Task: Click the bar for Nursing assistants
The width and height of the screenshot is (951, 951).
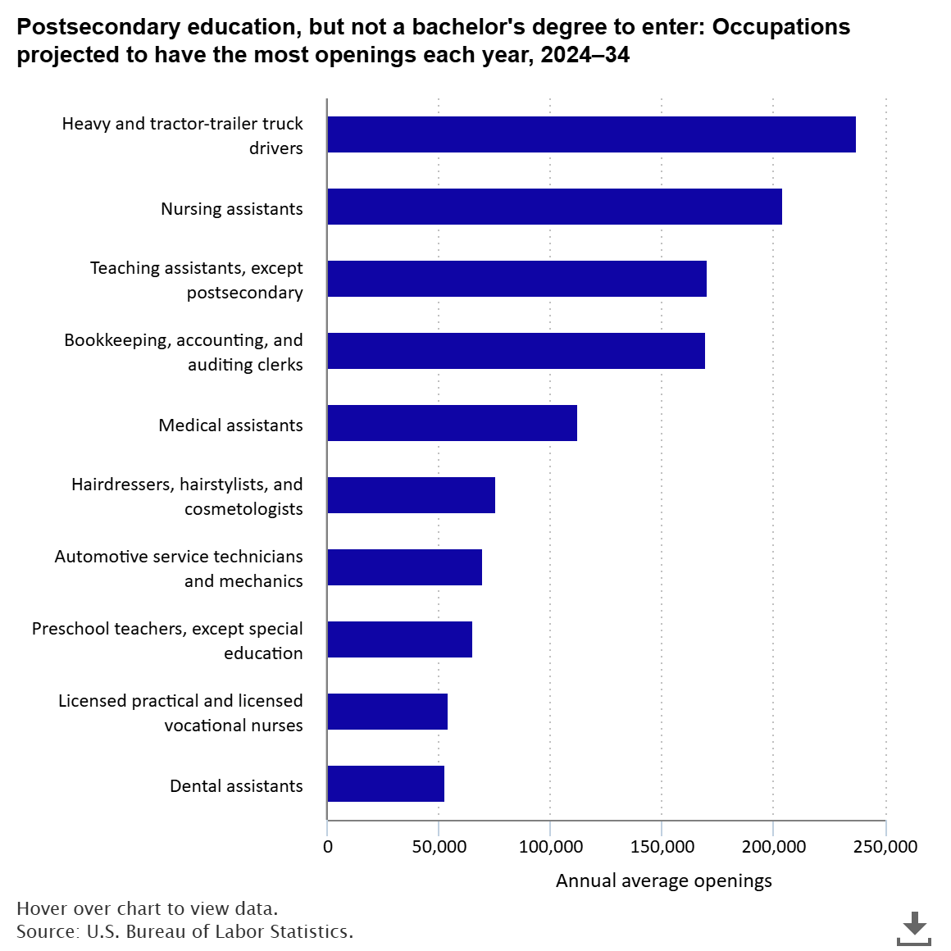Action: (554, 207)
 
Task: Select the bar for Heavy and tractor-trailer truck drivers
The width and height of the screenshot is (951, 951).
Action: (591, 134)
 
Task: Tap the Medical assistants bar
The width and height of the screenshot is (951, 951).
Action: (452, 423)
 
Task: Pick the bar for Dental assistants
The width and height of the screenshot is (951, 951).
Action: (385, 784)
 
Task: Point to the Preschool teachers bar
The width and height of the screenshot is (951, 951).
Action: (399, 639)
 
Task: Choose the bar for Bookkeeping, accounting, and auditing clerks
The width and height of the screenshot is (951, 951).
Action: (516, 351)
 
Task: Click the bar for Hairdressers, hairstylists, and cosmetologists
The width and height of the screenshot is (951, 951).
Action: (411, 495)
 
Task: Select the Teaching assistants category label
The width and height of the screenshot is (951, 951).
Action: (196, 280)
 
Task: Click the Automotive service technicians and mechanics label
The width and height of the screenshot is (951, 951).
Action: (179, 568)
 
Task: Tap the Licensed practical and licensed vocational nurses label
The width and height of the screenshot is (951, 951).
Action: (180, 712)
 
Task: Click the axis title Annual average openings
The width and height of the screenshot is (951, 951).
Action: (663, 880)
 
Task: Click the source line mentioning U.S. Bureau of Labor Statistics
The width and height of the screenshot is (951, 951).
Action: (184, 931)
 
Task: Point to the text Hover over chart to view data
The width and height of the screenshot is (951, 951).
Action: (147, 908)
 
